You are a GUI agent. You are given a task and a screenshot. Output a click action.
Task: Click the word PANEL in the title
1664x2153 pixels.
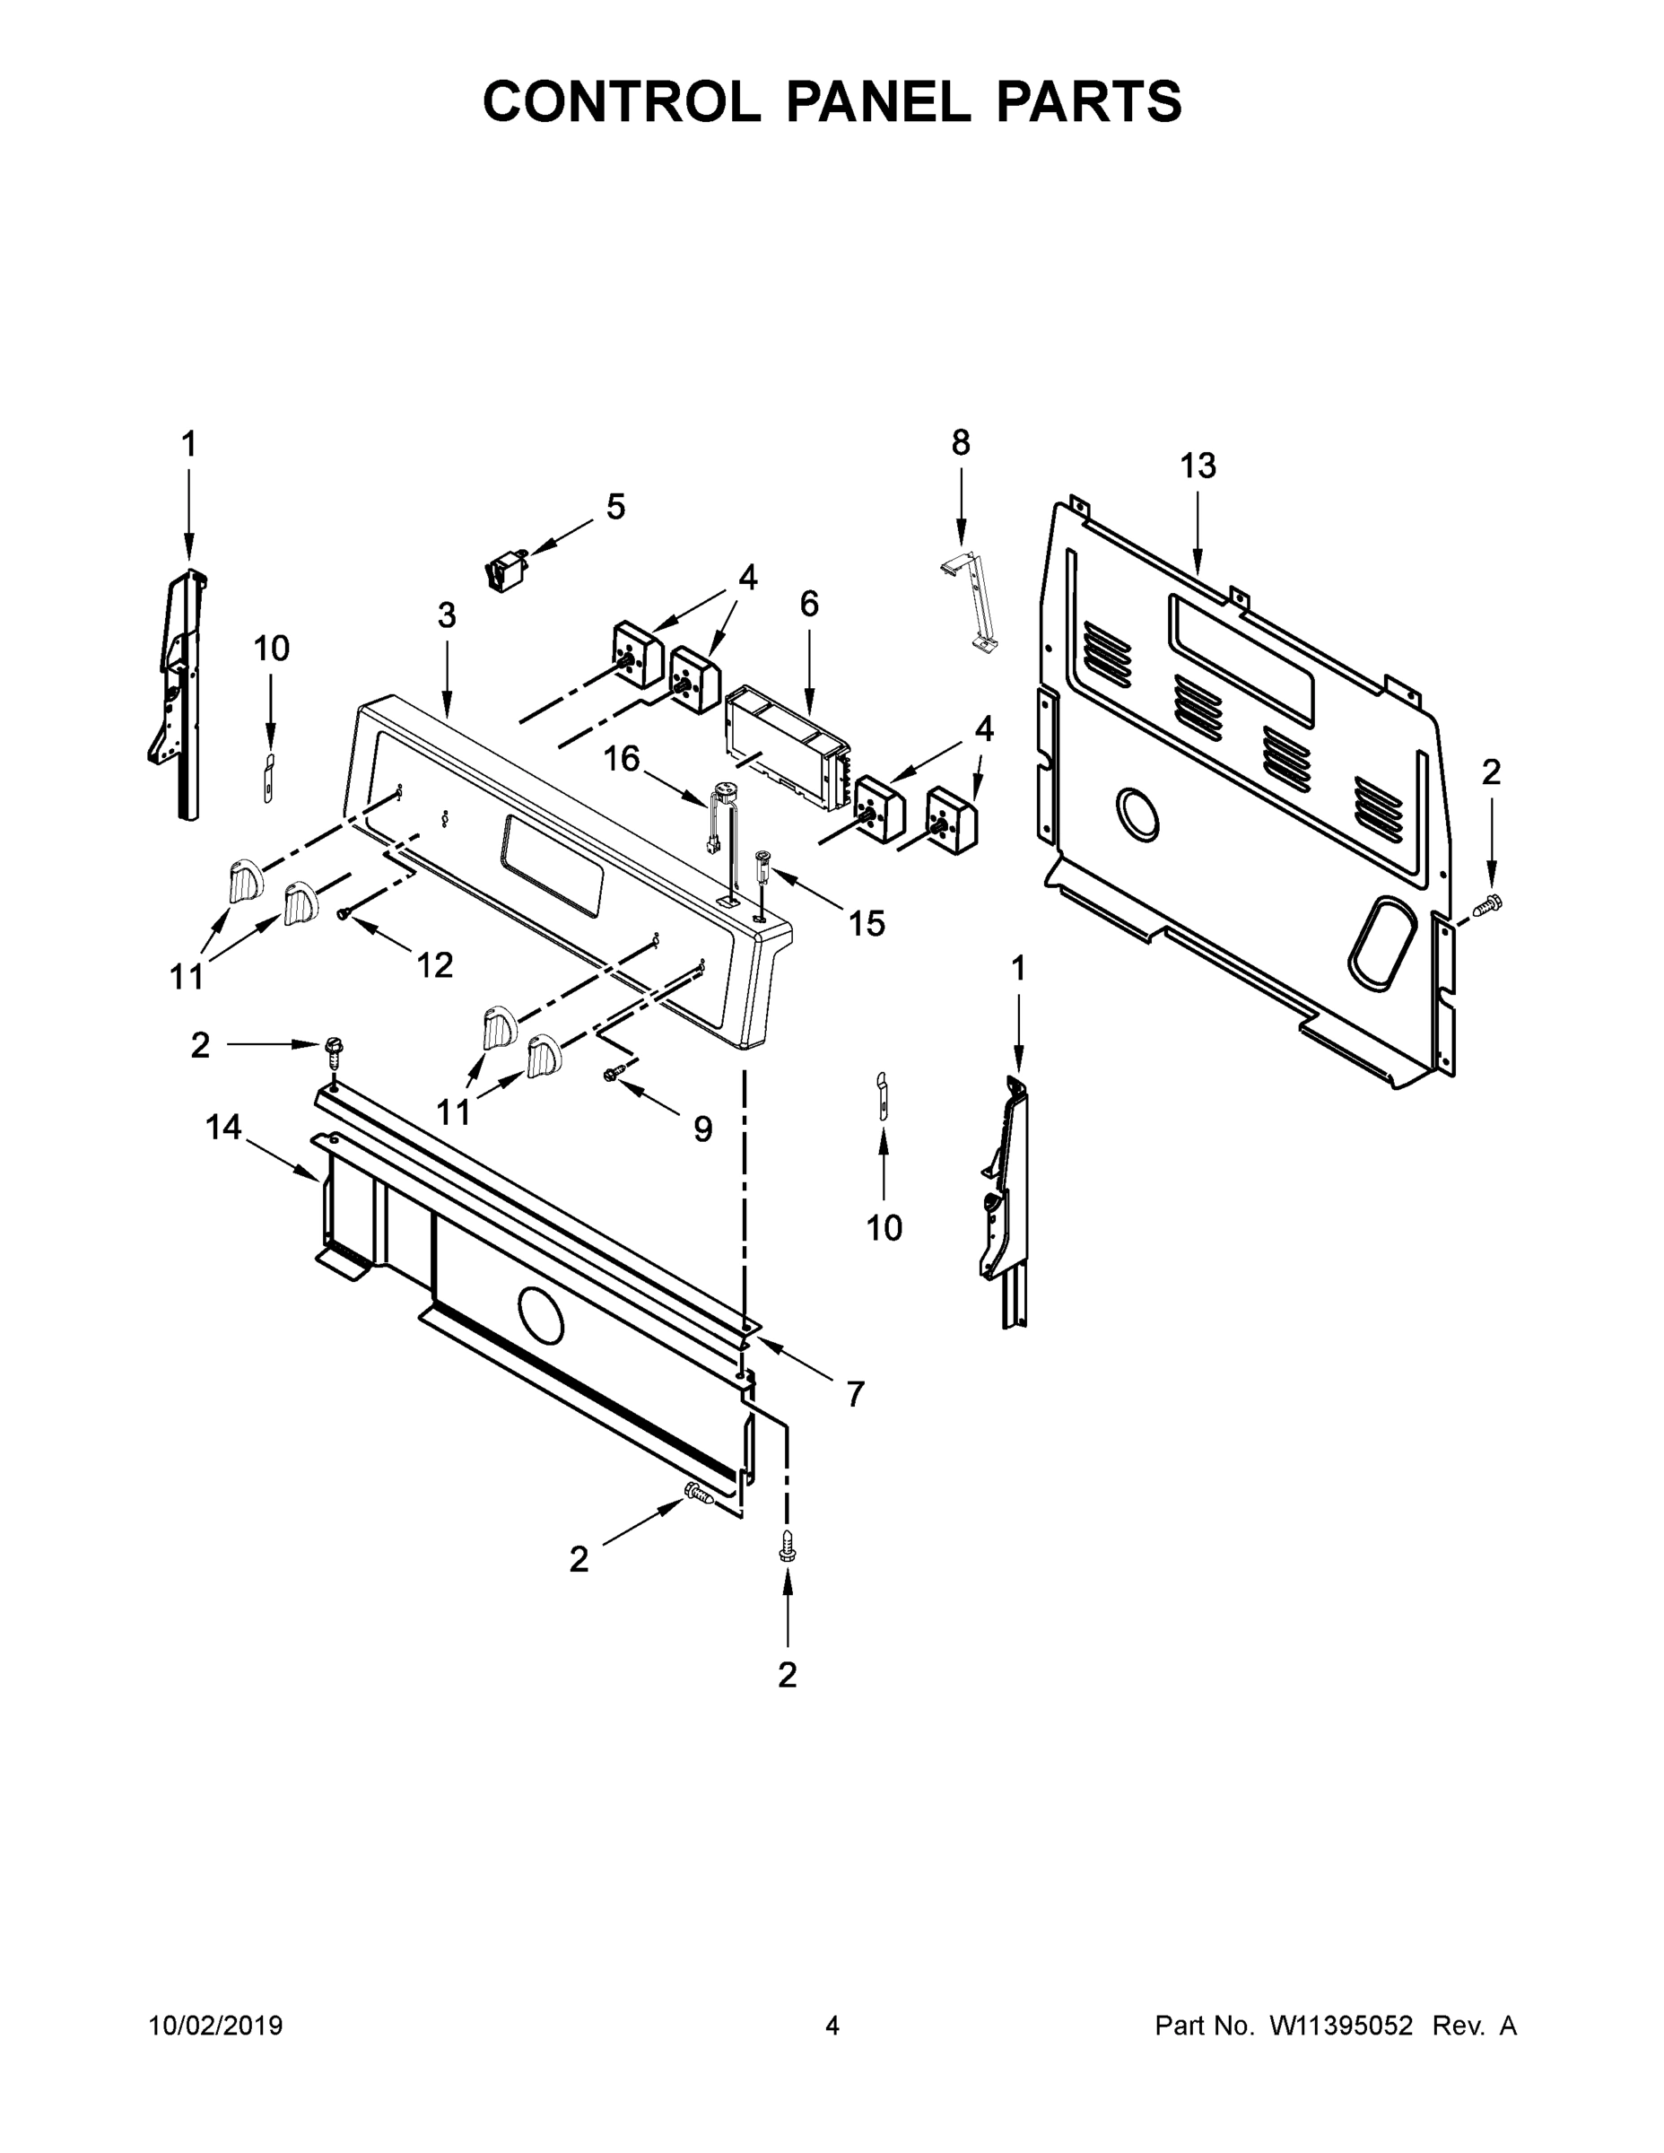point(876,101)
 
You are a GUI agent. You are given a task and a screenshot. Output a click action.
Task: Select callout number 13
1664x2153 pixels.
point(1198,466)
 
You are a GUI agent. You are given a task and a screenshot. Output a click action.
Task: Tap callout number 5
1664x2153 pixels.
point(615,507)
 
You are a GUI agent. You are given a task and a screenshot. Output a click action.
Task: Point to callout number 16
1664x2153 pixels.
point(621,758)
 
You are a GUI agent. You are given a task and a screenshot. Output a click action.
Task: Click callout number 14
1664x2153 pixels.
point(223,1127)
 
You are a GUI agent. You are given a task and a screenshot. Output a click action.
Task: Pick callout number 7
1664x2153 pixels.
point(855,1393)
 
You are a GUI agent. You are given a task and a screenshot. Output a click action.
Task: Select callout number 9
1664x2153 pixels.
point(701,1129)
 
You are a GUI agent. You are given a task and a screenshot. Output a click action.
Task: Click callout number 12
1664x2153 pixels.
point(434,965)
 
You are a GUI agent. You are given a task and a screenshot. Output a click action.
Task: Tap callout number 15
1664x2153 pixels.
point(867,924)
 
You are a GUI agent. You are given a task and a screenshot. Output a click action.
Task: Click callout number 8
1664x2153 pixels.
point(960,444)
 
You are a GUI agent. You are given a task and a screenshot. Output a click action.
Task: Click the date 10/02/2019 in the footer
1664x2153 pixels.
point(216,2026)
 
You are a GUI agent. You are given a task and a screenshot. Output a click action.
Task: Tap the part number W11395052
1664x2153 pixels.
point(1341,2026)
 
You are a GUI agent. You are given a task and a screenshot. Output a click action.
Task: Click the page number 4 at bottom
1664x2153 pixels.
point(832,2026)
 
